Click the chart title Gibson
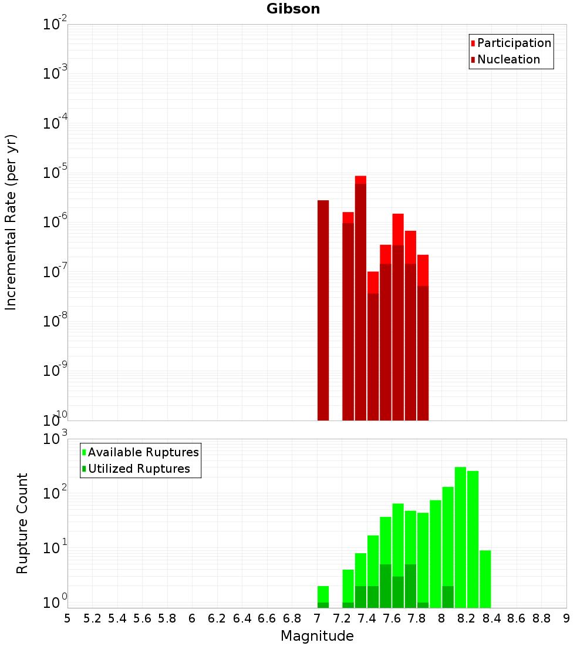(293, 9)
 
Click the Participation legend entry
(514, 43)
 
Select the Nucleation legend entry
(508, 59)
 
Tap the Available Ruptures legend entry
(143, 452)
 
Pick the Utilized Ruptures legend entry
(139, 469)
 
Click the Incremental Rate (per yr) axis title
(11, 222)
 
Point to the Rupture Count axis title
(22, 523)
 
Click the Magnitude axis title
(317, 636)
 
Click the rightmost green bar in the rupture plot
(485, 578)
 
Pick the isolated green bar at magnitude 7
(323, 596)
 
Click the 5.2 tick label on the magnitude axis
(92, 618)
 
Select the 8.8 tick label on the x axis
(541, 618)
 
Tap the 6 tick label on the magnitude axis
(192, 618)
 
